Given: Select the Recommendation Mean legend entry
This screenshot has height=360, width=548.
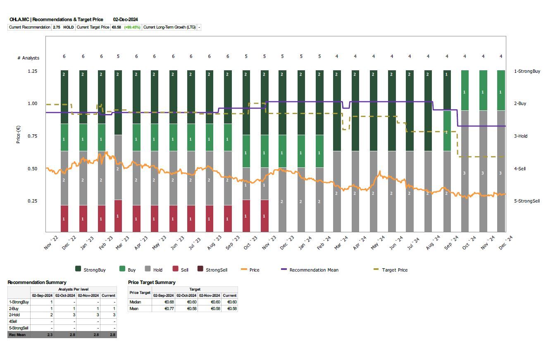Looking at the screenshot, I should [314, 270].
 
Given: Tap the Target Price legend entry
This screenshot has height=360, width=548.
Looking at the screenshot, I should [394, 270].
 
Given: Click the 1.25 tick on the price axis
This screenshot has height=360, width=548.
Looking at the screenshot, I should [32, 71].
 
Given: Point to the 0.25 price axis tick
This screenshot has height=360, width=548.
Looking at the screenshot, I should [32, 201].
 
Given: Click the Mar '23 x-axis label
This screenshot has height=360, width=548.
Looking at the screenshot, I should [122, 243].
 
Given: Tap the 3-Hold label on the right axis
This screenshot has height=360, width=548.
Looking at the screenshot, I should [521, 136].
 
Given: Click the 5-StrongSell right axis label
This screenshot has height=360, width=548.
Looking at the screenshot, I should [527, 201].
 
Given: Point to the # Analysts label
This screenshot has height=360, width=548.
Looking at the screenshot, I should [28, 58].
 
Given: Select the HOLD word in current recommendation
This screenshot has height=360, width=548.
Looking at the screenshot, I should [69, 27].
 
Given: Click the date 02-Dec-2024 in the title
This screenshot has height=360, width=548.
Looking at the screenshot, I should [126, 19].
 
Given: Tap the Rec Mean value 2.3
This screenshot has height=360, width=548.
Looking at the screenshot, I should [49, 335].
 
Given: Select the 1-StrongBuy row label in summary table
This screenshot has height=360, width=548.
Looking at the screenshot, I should [19, 302].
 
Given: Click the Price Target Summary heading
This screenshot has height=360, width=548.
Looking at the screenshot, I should [152, 282].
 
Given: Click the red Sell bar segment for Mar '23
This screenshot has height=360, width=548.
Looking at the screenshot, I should [118, 216].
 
